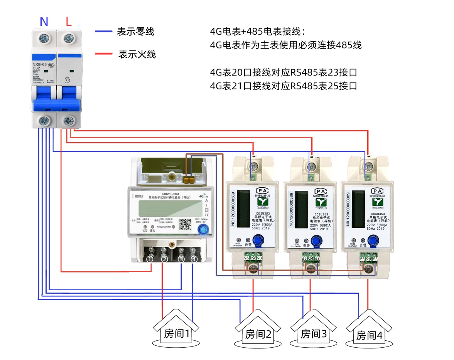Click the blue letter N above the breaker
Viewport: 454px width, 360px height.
click(44, 22)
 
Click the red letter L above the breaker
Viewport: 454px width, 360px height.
click(69, 22)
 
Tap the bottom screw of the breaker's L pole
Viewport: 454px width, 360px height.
click(69, 121)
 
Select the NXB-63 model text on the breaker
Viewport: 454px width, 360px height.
click(39, 64)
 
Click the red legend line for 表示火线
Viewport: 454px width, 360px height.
click(103, 54)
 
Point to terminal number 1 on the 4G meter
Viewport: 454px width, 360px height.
click(150, 259)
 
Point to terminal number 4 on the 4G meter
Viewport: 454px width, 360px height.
click(194, 259)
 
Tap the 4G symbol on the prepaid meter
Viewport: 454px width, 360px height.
click(202, 196)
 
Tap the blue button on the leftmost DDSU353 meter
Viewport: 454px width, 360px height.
click(259, 241)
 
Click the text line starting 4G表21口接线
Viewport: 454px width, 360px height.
click(283, 86)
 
